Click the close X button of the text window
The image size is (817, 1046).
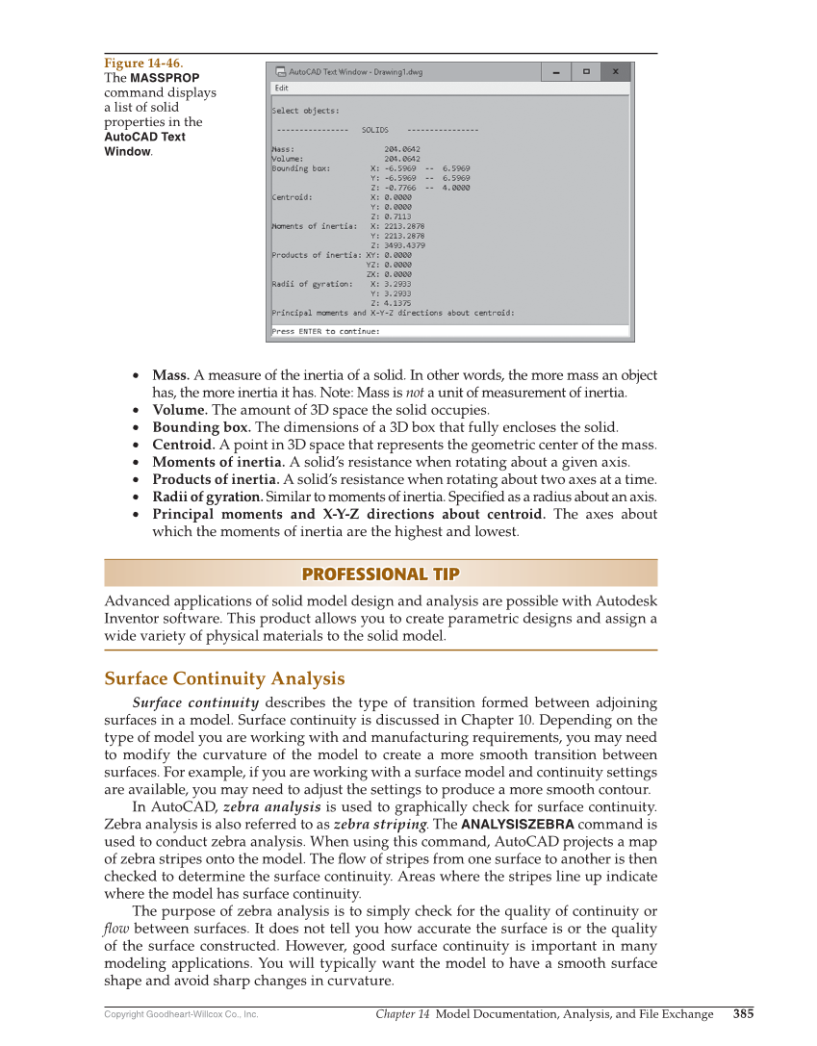pyautogui.click(x=617, y=71)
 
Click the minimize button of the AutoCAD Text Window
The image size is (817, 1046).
pyautogui.click(x=554, y=71)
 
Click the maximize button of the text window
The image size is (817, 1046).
pyautogui.click(x=585, y=71)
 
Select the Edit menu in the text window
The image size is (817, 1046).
pyautogui.click(x=281, y=88)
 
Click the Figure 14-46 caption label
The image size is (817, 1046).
pyautogui.click(x=143, y=64)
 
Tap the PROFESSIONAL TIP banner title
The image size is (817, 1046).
pyautogui.click(x=380, y=574)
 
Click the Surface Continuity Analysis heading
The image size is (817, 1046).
pyautogui.click(x=224, y=678)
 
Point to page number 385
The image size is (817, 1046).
pyautogui.click(x=743, y=1013)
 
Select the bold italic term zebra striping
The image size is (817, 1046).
pyautogui.click(x=379, y=824)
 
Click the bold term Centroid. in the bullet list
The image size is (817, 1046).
pyautogui.click(x=183, y=445)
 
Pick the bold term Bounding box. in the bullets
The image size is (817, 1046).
pyautogui.click(x=201, y=427)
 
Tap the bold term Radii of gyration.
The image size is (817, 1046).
pyautogui.click(x=207, y=497)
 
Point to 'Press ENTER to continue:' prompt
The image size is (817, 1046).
pyautogui.click(x=325, y=331)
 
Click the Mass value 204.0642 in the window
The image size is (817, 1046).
pyautogui.click(x=401, y=149)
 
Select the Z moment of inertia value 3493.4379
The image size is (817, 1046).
pyautogui.click(x=404, y=245)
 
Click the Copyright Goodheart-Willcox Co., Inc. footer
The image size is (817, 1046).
pyautogui.click(x=181, y=1014)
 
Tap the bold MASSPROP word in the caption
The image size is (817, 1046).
pyautogui.click(x=165, y=78)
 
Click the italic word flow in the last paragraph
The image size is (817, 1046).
pyautogui.click(x=116, y=929)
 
